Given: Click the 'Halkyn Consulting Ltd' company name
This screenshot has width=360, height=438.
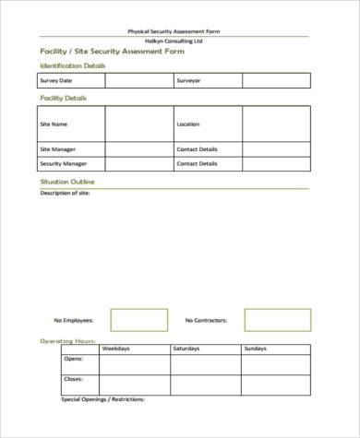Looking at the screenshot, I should pos(180,41).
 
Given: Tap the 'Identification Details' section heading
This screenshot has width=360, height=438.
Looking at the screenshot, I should pos(72,66).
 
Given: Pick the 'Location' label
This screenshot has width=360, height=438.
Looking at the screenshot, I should pos(187,124).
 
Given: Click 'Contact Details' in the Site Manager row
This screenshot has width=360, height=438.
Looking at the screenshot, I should pos(197,148).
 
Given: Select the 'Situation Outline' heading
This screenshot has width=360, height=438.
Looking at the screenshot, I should pos(66,182).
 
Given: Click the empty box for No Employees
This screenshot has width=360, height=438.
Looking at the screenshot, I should pos(139,320).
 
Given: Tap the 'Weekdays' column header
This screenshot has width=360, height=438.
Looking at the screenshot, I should pos(115,349).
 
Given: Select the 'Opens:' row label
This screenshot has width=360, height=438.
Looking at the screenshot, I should pos(73,360).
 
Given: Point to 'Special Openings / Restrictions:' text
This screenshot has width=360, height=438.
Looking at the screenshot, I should pos(103,400).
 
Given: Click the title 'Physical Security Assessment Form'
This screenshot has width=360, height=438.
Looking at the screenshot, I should pos(180,31).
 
